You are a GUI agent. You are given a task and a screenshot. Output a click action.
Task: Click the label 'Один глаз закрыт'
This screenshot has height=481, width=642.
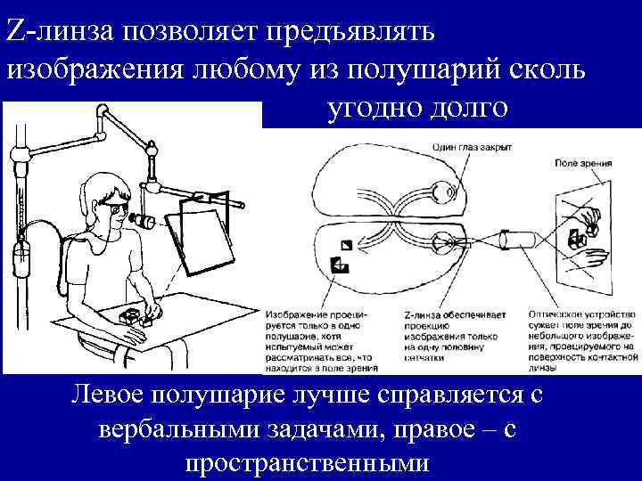point(470,149)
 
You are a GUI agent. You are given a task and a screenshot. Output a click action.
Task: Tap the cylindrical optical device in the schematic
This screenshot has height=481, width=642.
point(516,241)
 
